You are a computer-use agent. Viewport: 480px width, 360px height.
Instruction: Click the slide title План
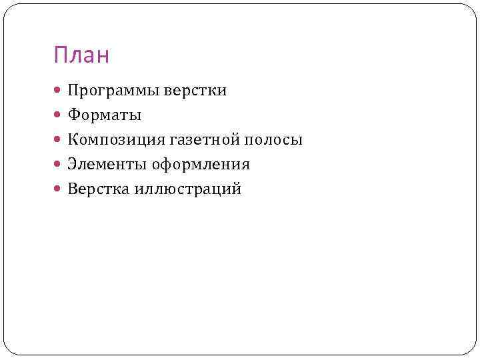tap(81, 55)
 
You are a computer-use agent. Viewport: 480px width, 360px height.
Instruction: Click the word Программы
tap(111, 91)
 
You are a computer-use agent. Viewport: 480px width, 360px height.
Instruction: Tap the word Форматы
tap(104, 115)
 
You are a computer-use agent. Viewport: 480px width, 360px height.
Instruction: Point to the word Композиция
tap(117, 140)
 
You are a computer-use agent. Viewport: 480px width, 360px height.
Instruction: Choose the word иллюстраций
tap(187, 189)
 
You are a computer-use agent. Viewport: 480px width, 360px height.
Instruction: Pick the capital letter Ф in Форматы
tap(73, 115)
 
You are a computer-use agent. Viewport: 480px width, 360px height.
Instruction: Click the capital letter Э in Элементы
tap(72, 165)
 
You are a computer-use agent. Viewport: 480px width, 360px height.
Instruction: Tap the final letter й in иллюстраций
tap(237, 189)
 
